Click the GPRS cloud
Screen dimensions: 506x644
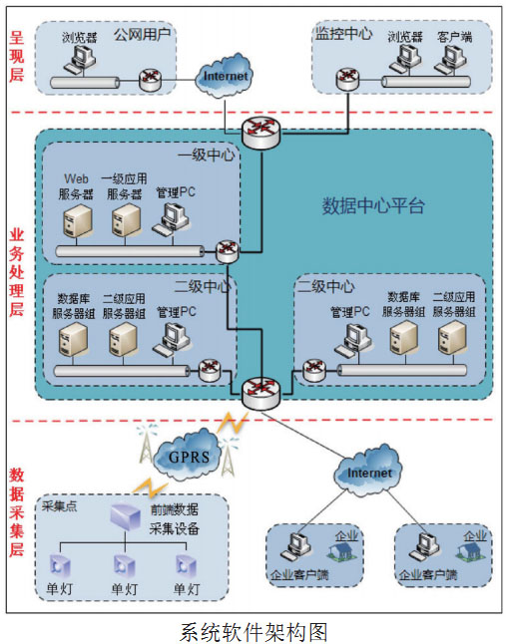(x=189, y=455)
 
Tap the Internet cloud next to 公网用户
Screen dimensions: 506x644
(x=224, y=75)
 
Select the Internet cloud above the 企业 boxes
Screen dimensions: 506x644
(x=368, y=472)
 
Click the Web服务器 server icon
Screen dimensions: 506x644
(x=77, y=221)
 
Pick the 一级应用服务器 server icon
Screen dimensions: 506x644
(x=126, y=221)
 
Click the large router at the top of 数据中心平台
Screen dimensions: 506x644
(x=261, y=133)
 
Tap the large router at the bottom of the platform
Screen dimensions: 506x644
(x=261, y=394)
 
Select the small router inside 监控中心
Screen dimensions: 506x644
(x=347, y=79)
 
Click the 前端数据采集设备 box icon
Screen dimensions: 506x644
(x=126, y=516)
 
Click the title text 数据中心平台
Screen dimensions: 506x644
(x=373, y=205)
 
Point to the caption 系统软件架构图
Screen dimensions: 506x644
(x=253, y=632)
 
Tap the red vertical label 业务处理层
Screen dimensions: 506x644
(x=16, y=272)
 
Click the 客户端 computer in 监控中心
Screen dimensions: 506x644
(x=450, y=60)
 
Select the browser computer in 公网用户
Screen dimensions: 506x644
(x=79, y=60)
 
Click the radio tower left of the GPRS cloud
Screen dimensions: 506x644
(x=146, y=445)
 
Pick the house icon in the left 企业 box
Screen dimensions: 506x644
(x=342, y=550)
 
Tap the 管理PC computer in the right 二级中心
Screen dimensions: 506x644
(x=353, y=340)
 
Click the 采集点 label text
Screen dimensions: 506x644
(x=59, y=506)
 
